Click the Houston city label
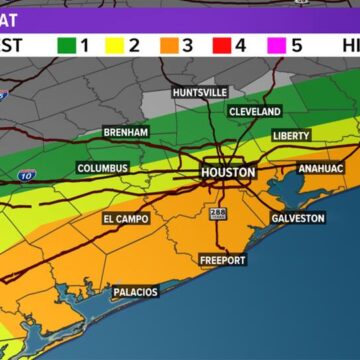pyautogui.click(x=229, y=172)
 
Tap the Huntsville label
pyautogui.click(x=200, y=92)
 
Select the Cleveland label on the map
pyautogui.click(x=255, y=112)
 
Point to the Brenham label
pyautogui.click(x=127, y=132)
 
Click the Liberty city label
pyautogui.click(x=292, y=135)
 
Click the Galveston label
pyautogui.click(x=297, y=218)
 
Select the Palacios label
pyautogui.click(x=135, y=292)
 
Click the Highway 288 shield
pyautogui.click(x=218, y=213)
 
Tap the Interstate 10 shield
pyautogui.click(x=27, y=176)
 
